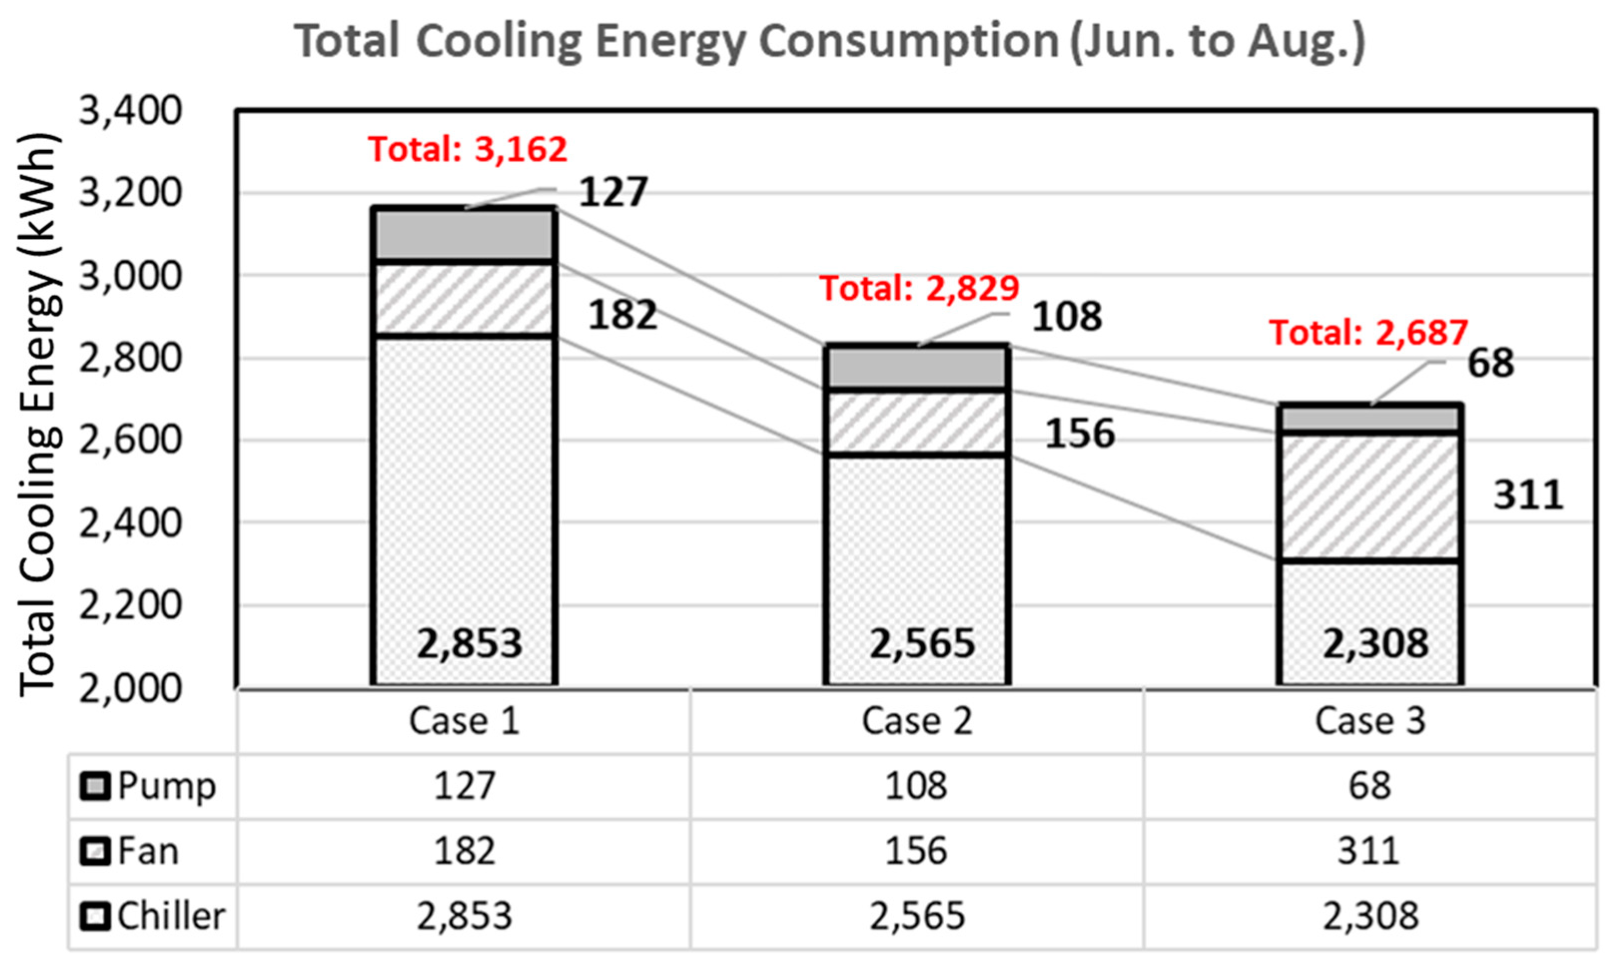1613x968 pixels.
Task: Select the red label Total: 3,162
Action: [467, 149]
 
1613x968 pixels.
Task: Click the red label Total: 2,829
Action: [919, 288]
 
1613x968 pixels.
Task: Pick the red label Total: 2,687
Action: [1368, 333]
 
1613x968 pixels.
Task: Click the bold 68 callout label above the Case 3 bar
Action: [1490, 363]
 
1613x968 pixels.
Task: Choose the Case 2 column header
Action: [917, 721]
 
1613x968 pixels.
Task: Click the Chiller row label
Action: [171, 917]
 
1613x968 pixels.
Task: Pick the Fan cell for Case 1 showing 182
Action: [464, 851]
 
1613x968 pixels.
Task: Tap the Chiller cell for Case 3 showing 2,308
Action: [1370, 917]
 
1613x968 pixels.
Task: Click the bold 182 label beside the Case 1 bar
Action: [622, 315]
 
